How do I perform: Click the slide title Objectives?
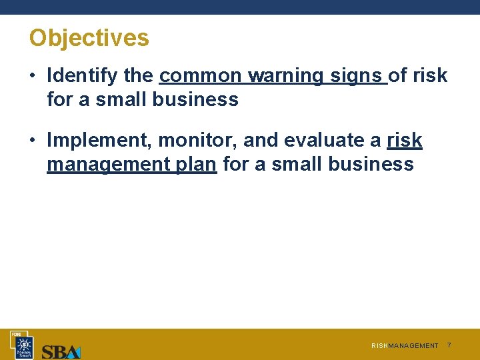click(x=89, y=38)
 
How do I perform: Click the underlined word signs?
click(x=357, y=76)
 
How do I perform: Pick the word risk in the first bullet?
click(x=430, y=76)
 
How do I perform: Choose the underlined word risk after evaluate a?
click(x=405, y=141)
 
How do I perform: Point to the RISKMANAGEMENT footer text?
click(x=405, y=346)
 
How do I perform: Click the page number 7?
click(x=449, y=345)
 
